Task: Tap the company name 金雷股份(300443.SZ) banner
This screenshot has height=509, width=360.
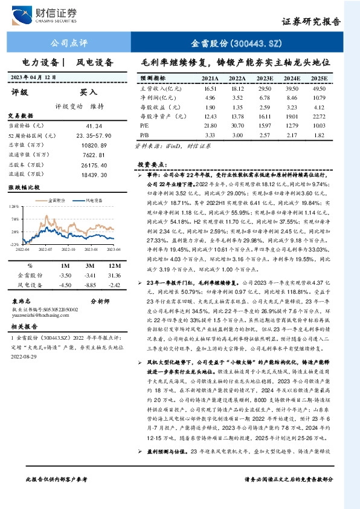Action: click(237, 44)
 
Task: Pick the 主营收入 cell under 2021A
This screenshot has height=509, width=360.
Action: click(210, 88)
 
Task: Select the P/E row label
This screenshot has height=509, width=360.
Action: click(144, 125)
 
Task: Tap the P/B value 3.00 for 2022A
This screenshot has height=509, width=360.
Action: click(237, 134)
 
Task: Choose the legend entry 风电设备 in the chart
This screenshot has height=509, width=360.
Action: click(92, 199)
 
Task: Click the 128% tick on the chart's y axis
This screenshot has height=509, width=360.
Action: click(14, 207)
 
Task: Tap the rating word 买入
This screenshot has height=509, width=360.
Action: click(89, 93)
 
